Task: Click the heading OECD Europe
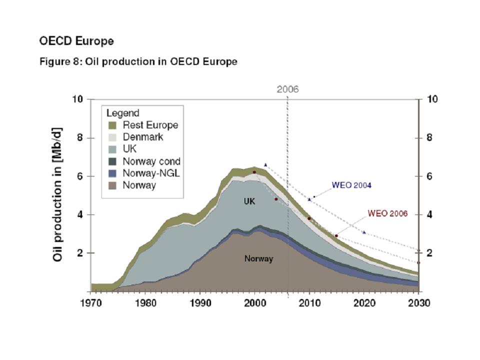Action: point(76,41)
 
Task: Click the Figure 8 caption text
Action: point(138,62)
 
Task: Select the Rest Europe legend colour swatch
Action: point(112,125)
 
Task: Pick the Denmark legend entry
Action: point(142,137)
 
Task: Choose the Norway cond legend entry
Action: point(151,161)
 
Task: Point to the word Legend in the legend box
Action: point(122,113)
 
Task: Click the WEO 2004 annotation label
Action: point(351,185)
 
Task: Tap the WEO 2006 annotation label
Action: point(387,213)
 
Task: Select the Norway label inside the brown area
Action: point(258,259)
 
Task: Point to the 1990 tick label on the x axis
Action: point(200,303)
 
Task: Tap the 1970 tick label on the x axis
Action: point(90,303)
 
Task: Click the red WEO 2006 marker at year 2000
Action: point(254,172)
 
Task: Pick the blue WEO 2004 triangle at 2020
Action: point(364,232)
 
